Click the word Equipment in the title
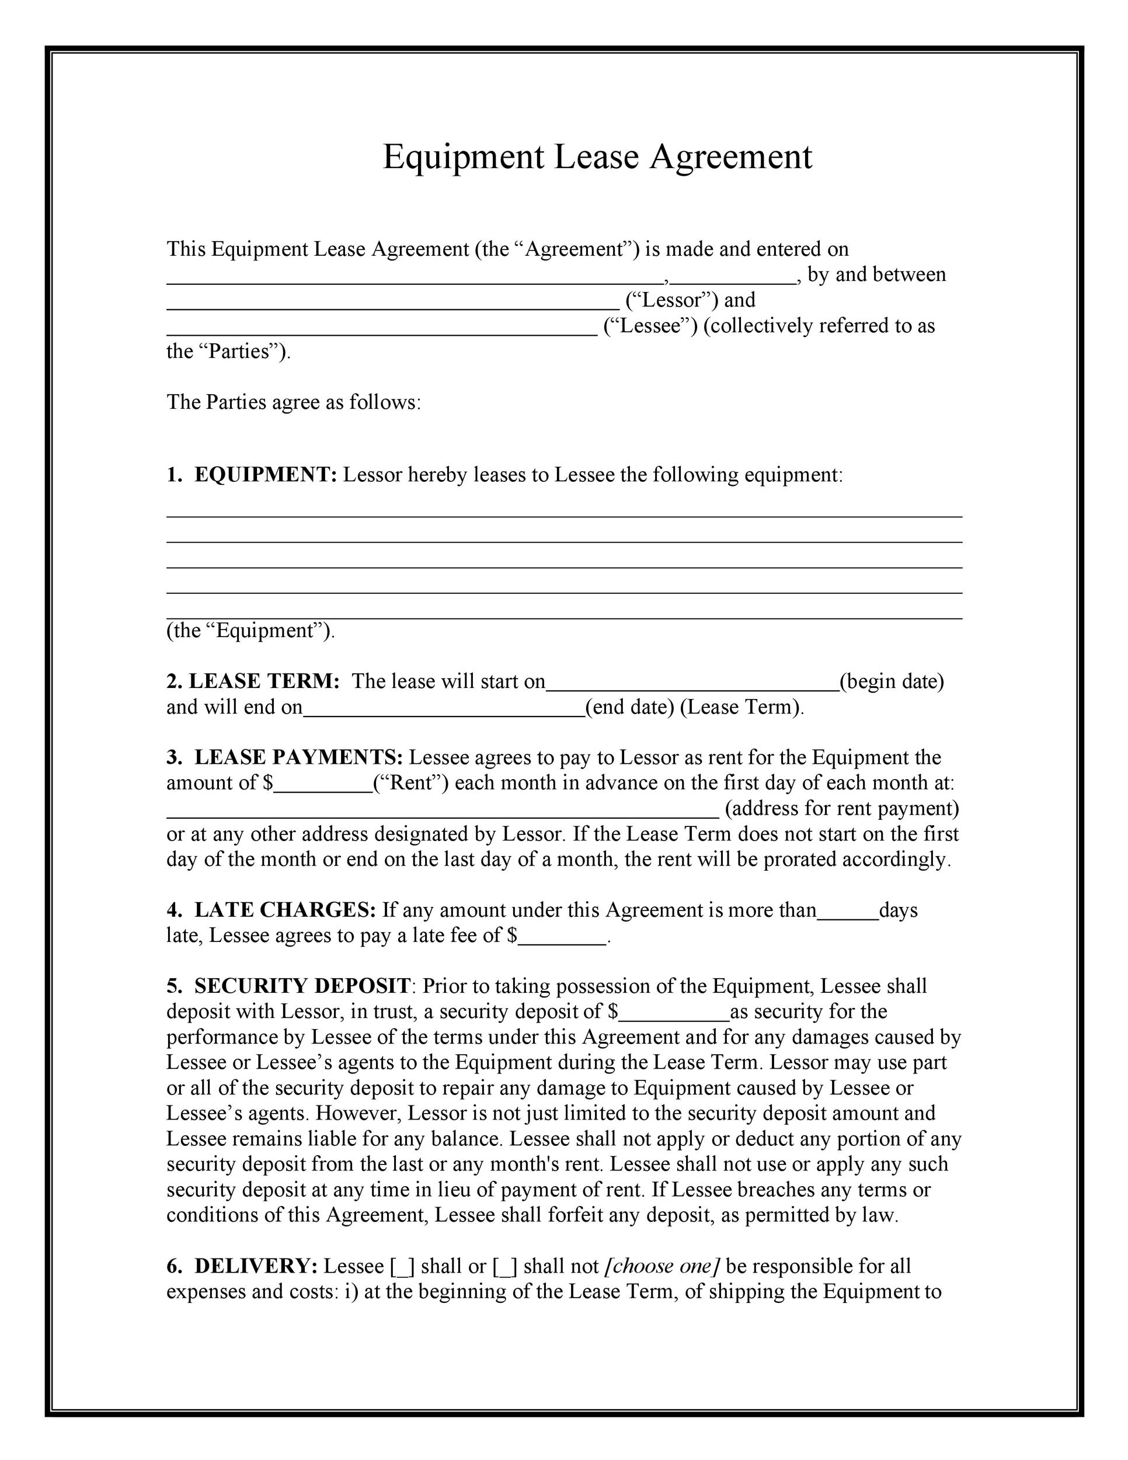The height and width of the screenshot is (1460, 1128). click(463, 158)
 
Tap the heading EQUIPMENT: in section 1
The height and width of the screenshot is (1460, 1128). click(265, 475)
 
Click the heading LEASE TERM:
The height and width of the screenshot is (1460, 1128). click(264, 681)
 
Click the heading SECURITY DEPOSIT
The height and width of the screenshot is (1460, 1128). click(302, 986)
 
